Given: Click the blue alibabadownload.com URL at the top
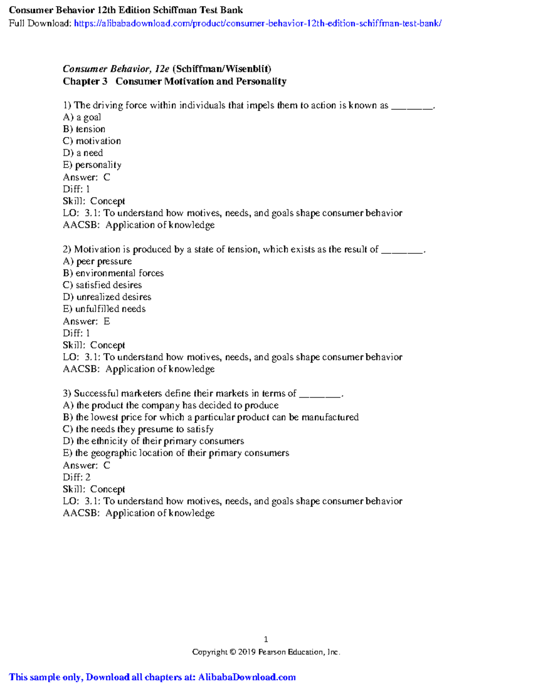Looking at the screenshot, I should [x=258, y=24].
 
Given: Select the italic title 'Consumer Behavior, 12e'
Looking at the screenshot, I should [x=116, y=69].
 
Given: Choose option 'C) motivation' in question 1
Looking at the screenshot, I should [x=92, y=141].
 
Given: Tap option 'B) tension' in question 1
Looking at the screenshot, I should [x=84, y=129].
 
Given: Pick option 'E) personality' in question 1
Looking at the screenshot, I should [x=92, y=165].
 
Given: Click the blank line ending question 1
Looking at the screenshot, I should [x=411, y=106].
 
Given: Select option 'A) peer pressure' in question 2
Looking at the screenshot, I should [x=97, y=261].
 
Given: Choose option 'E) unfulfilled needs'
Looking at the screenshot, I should [x=104, y=309].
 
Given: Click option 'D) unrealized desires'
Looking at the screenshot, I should [x=107, y=297].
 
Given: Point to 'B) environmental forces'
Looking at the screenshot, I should [x=113, y=273].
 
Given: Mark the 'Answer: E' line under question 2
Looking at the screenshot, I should [x=86, y=321].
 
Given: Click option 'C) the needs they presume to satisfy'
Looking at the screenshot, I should [x=138, y=429].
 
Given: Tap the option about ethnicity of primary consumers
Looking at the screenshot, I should [x=154, y=441].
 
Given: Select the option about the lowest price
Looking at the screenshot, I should [x=211, y=417].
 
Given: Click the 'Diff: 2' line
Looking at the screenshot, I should [x=76, y=477].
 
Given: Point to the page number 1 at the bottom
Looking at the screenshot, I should [x=266, y=639].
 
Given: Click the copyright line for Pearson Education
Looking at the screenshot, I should [x=266, y=652].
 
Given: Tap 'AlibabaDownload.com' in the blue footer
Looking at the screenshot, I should [x=247, y=677].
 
